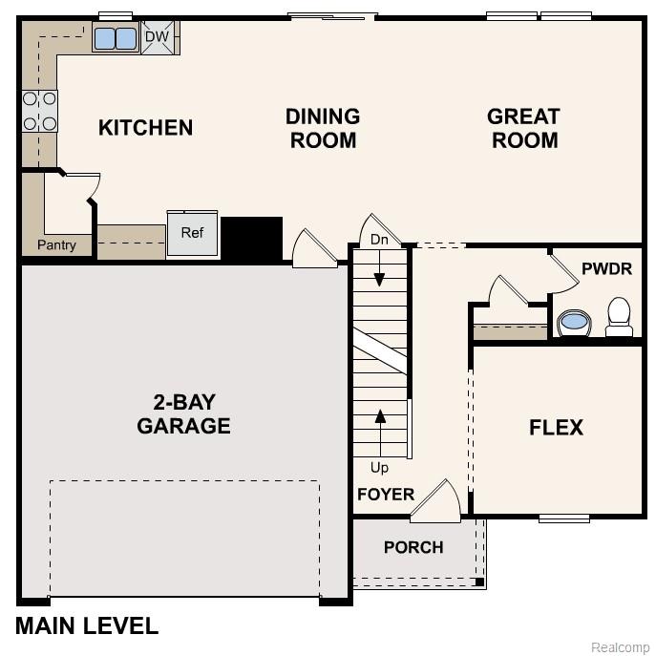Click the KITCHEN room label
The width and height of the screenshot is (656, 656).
click(145, 128)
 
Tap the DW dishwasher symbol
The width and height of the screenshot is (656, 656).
click(157, 37)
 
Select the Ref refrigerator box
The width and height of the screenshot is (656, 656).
click(192, 233)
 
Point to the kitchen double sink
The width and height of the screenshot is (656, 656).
click(116, 38)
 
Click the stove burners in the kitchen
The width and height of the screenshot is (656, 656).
click(39, 110)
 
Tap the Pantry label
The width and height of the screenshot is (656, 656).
click(56, 245)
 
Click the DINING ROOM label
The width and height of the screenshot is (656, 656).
click(323, 128)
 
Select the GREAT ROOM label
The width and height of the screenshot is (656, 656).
click(522, 128)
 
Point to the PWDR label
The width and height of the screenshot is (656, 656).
click(606, 269)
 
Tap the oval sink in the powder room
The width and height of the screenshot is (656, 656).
click(574, 322)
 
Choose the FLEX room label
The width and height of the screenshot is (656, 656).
click(556, 428)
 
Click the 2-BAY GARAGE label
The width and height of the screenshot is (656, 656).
click(183, 413)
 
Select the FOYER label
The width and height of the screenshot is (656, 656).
click(386, 495)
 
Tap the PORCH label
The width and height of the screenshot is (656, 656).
click(413, 547)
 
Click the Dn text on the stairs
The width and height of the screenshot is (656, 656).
click(379, 240)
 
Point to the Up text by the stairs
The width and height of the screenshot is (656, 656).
click(379, 468)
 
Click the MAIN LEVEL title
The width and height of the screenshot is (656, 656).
click(87, 626)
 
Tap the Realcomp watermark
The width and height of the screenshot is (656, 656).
click(620, 647)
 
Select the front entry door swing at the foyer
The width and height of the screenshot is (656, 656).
click(437, 502)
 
